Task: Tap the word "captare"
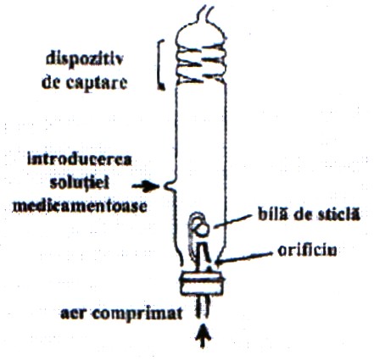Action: click(96, 82)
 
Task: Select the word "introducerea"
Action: click(80, 160)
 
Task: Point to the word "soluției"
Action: click(80, 183)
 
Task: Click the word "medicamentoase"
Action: click(80, 207)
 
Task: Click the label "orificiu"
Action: click(307, 250)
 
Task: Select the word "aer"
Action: click(73, 314)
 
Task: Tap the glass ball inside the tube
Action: click(203, 229)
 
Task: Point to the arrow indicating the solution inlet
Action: click(146, 186)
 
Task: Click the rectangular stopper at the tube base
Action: click(202, 283)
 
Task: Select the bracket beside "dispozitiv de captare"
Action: click(161, 65)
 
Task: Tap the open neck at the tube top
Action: click(204, 14)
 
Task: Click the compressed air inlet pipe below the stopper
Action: click(203, 307)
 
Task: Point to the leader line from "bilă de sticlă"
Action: click(232, 221)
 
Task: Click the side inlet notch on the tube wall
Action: click(169, 186)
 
